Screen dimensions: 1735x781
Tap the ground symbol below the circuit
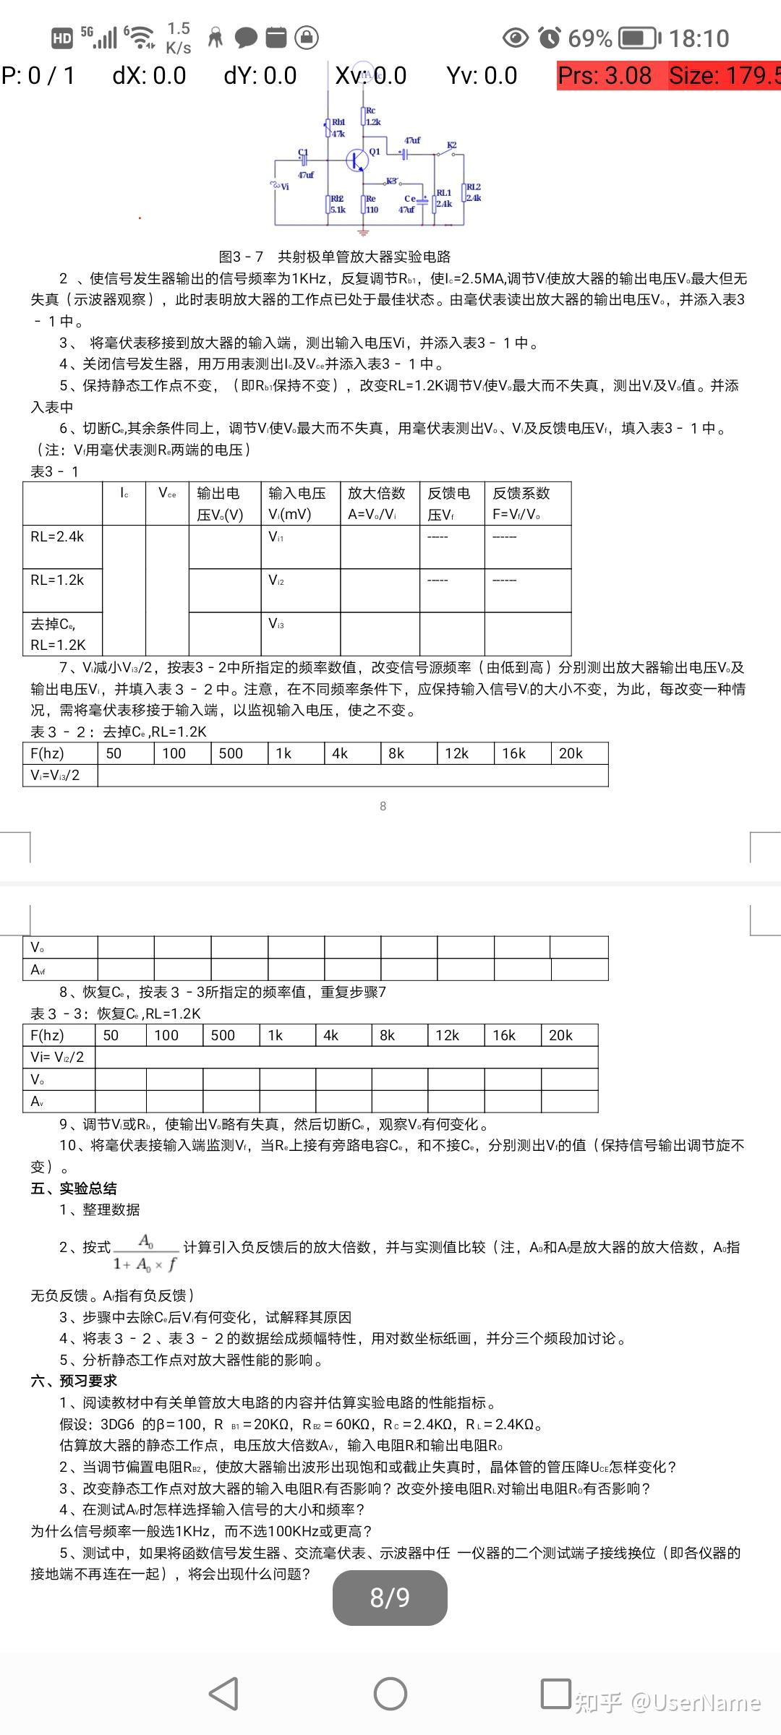pos(363,233)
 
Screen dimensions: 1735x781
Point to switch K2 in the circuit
pos(448,150)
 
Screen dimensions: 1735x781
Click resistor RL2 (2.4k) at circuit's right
pos(466,193)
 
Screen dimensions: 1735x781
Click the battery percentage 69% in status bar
pos(589,38)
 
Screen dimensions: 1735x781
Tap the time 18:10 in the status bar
pos(699,38)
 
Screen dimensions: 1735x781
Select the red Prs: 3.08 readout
pos(605,75)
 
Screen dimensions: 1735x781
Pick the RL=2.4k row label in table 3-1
pos(58,536)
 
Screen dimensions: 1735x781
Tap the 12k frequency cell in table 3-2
pos(457,753)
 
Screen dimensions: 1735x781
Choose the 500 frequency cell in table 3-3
pos(223,1035)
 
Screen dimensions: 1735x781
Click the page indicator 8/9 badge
pos(390,1597)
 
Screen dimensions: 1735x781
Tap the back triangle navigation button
pos(224,1694)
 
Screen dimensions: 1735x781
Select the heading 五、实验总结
pos(74,1188)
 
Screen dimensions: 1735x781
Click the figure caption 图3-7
pos(335,257)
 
